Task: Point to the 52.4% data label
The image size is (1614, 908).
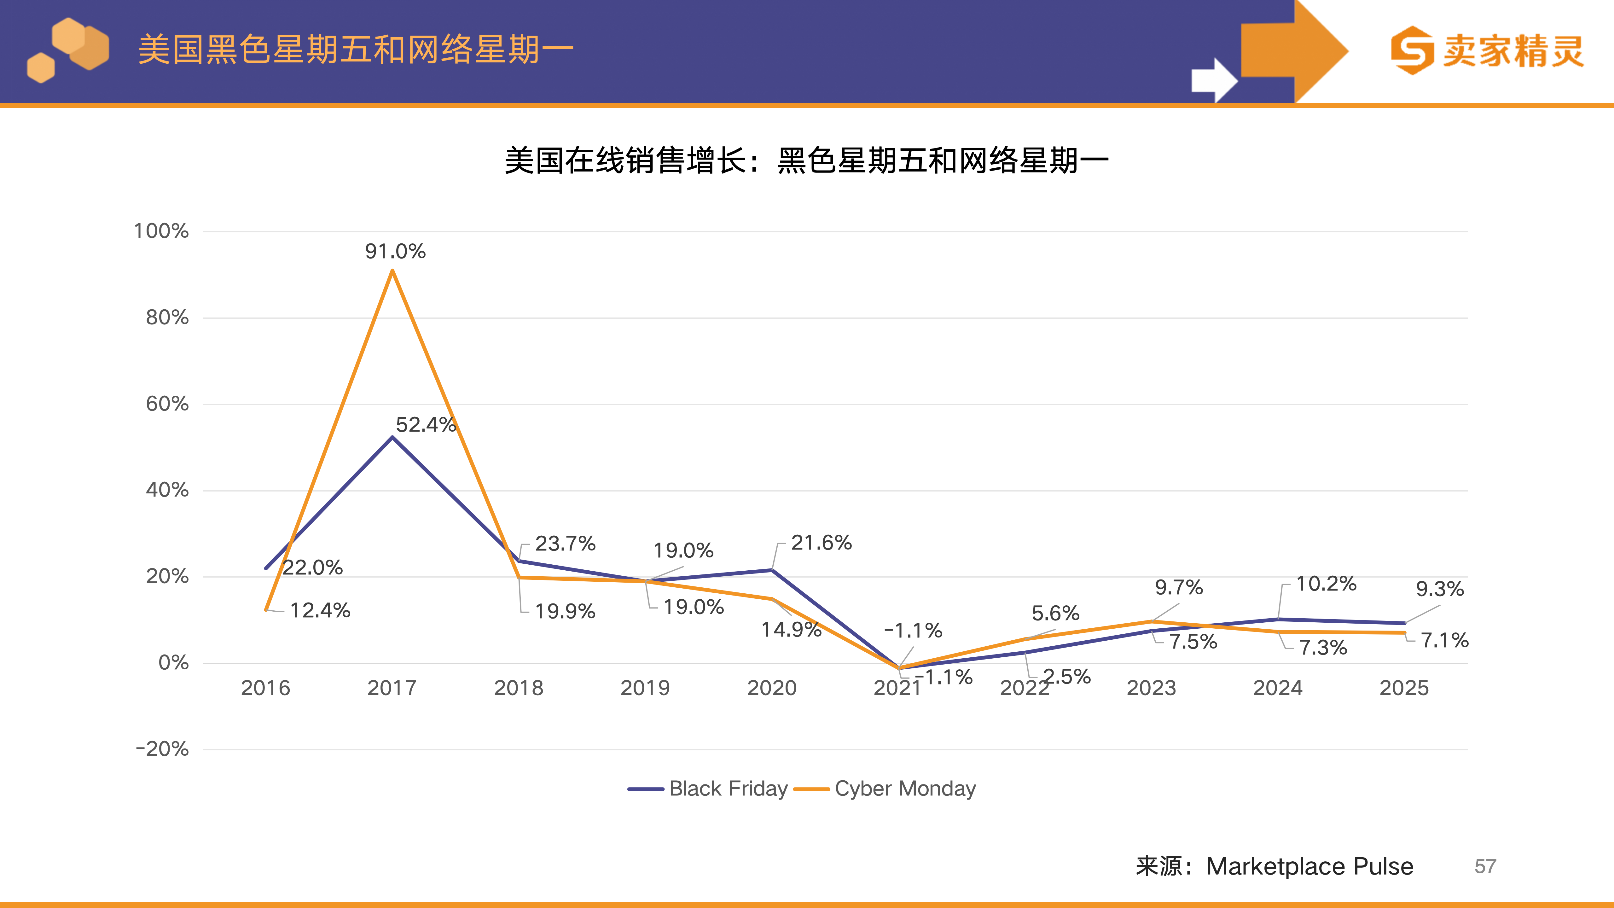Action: click(426, 425)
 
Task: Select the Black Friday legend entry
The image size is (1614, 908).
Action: click(708, 788)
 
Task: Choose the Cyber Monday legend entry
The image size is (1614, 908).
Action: click(885, 788)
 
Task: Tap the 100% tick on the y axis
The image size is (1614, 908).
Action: click(161, 231)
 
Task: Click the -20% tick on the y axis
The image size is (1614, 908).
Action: click(162, 749)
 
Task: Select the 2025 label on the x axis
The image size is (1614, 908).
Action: click(1404, 688)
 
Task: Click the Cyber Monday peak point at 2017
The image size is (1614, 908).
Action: click(392, 271)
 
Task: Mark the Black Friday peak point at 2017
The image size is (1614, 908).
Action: click(392, 437)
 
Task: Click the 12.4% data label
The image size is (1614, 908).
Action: click(320, 610)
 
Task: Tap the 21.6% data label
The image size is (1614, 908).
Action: click(821, 543)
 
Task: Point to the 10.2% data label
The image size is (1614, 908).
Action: click(1326, 584)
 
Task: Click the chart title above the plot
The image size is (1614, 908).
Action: click(806, 160)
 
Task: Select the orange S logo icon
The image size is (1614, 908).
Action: click(1412, 50)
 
